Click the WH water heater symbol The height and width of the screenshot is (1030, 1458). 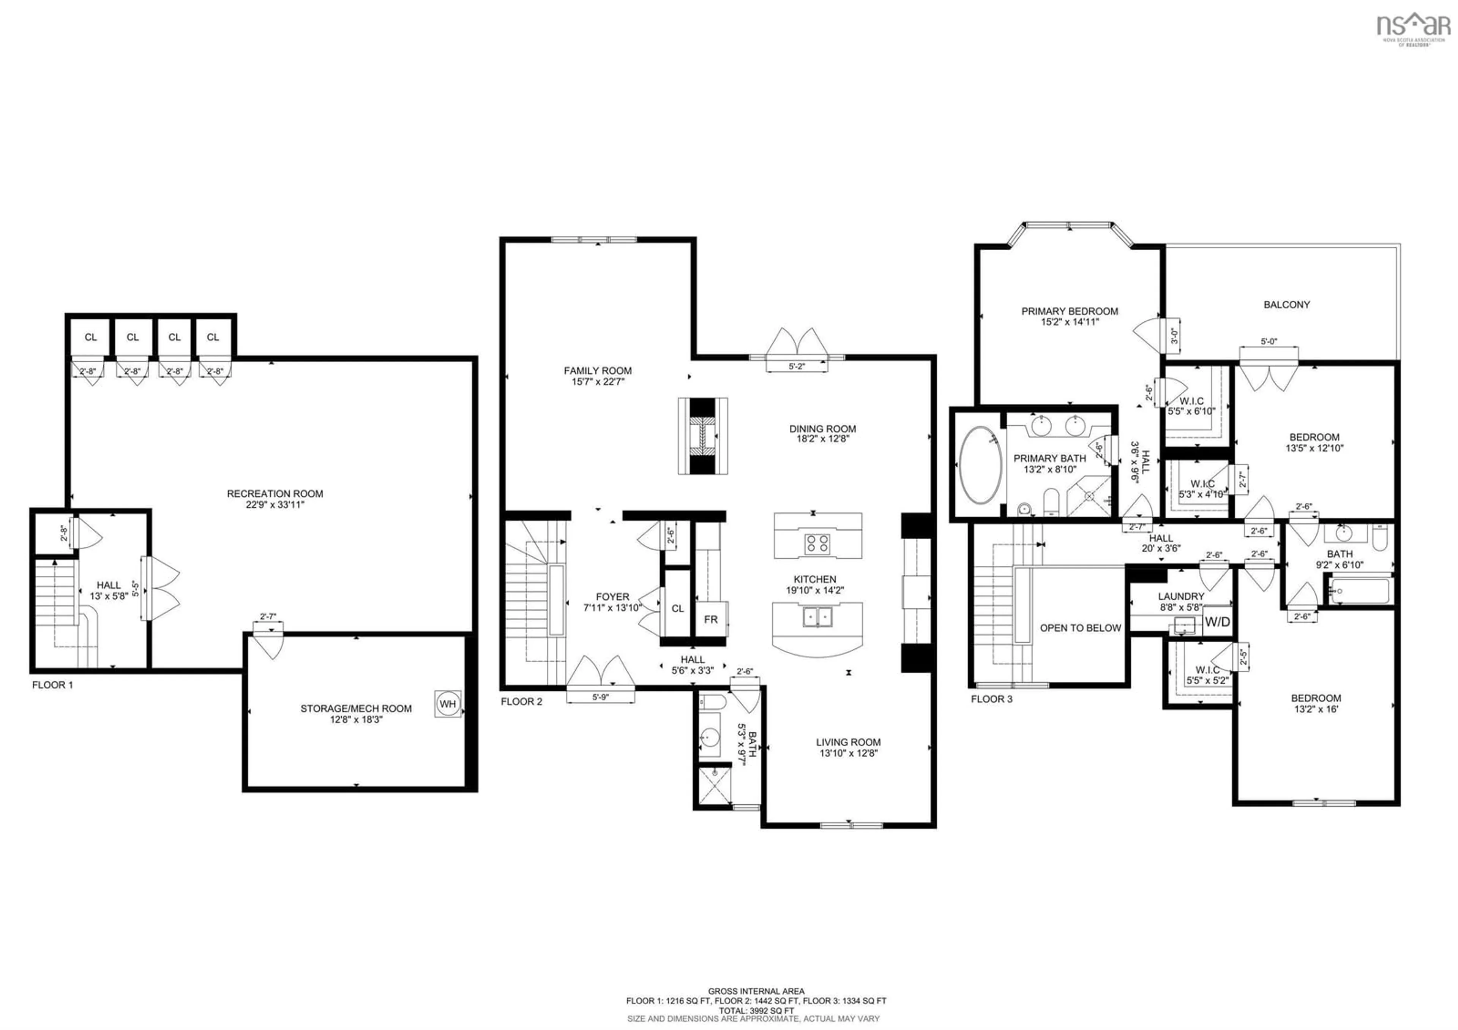pos(448,704)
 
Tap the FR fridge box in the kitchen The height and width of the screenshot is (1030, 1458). pos(710,619)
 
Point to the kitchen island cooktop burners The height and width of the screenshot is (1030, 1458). pos(817,543)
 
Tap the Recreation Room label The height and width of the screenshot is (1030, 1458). pos(275,493)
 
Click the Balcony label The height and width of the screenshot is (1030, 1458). pos(1286,305)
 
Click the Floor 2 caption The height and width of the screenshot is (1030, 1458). pos(521,702)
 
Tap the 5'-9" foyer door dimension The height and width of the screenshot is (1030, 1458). pos(600,697)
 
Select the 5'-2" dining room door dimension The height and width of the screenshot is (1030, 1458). pos(796,367)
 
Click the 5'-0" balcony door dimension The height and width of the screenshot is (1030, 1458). pos(1268,342)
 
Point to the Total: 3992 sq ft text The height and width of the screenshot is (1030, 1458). pos(756,1010)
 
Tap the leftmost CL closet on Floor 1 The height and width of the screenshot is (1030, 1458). pos(91,337)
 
